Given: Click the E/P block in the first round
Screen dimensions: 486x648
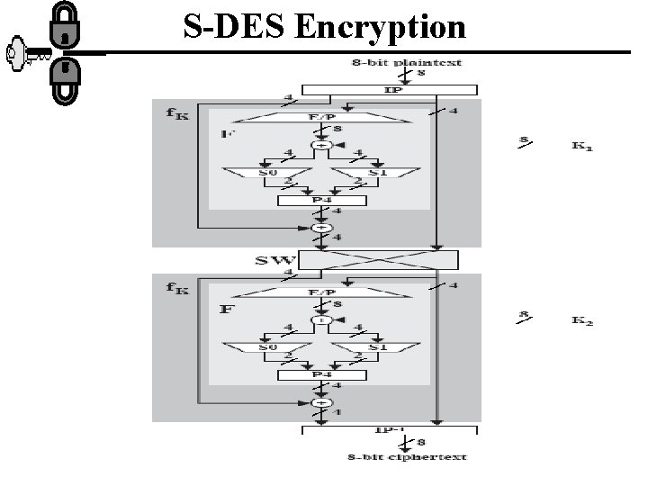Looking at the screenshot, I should coord(319,118).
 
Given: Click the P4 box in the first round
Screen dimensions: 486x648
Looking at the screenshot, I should coord(319,200).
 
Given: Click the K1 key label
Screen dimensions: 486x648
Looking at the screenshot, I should coord(583,146).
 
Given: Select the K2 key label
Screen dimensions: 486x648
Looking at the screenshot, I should coord(583,321).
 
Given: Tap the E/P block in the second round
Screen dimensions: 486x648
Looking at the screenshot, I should coord(319,292).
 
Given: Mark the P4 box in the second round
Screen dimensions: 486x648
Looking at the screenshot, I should coord(319,375).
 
